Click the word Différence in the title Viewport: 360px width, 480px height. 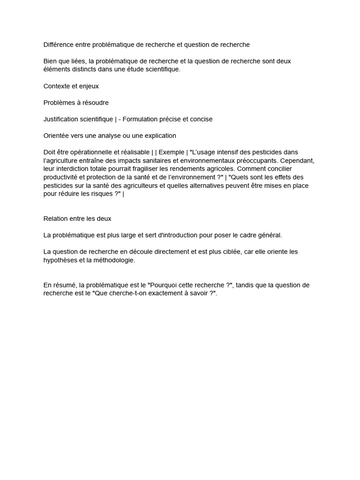(x=60, y=45)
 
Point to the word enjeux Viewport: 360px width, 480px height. (x=89, y=86)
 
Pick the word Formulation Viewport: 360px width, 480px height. (x=142, y=119)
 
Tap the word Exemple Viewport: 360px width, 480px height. (x=172, y=152)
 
